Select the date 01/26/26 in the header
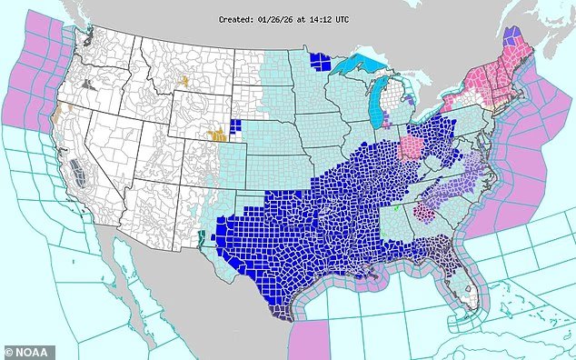point(284,18)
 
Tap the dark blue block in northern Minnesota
point(320,62)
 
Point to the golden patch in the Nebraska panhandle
point(218,135)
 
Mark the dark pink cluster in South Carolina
point(423,213)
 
